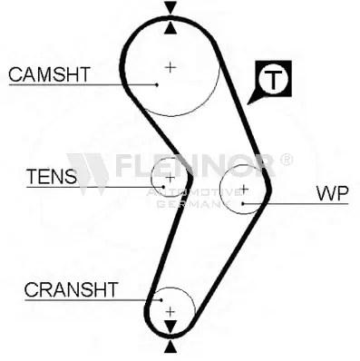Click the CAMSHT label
(x=49, y=74)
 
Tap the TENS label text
(x=52, y=177)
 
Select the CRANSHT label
(x=71, y=289)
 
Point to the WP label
(x=333, y=193)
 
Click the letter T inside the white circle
(x=273, y=80)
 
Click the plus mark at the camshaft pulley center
(x=170, y=67)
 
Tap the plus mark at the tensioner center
(x=170, y=178)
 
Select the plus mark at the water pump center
(x=244, y=190)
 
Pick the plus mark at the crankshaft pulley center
(x=170, y=311)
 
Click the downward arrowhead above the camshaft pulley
(x=170, y=7)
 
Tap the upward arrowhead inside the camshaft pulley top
(x=170, y=28)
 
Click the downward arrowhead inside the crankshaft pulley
(x=170, y=327)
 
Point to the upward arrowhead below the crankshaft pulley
(x=170, y=347)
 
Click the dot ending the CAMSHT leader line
(x=157, y=84)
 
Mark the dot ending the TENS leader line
(x=163, y=187)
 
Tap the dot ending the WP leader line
(x=243, y=203)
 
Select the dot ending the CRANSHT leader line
(x=161, y=300)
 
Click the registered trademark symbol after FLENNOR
(x=287, y=160)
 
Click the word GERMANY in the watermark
(x=190, y=205)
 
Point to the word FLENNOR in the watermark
(x=196, y=166)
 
